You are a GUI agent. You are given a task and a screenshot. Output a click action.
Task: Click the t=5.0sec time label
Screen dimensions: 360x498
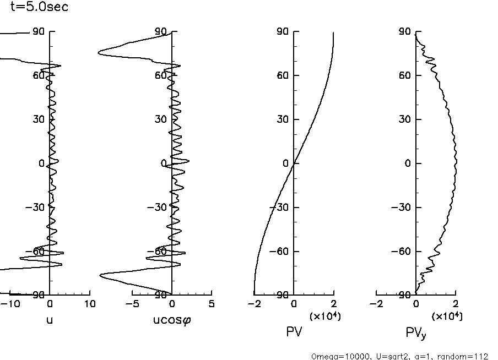[x=40, y=8]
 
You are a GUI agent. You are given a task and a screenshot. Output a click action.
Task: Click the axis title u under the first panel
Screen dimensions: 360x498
[x=50, y=320]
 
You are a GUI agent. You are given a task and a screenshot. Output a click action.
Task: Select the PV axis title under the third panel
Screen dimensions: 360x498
[x=294, y=332]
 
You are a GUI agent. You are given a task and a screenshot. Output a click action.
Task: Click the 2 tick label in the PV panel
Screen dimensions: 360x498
[x=334, y=304]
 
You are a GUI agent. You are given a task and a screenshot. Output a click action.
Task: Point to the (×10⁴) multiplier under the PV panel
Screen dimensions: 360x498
[x=324, y=316]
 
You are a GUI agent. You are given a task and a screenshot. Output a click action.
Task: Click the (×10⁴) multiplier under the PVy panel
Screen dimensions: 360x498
[x=447, y=316]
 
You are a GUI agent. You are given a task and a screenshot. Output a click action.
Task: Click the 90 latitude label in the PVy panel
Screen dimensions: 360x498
[x=405, y=32]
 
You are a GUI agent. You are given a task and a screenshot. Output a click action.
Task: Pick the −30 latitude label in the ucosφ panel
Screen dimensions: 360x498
[x=158, y=208]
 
